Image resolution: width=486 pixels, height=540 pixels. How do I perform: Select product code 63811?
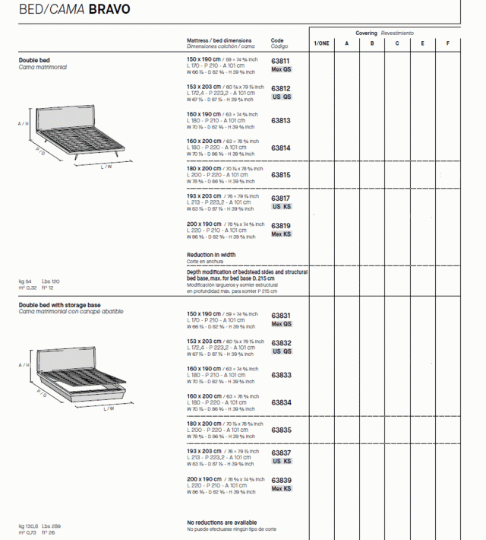click(x=281, y=61)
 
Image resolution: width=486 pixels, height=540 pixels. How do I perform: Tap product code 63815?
click(x=281, y=175)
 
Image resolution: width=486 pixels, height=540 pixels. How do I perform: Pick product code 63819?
click(x=281, y=226)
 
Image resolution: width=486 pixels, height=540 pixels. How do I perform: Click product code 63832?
click(x=281, y=343)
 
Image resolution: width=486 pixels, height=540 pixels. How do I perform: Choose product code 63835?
click(x=281, y=430)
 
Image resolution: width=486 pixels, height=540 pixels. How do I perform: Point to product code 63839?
click(x=281, y=481)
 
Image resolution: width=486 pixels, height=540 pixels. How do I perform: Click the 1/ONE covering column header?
click(x=321, y=44)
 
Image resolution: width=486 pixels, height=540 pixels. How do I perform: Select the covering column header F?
click(x=447, y=44)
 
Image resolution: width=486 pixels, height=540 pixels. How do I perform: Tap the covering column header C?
click(x=397, y=44)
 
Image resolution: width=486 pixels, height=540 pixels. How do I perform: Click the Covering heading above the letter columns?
click(x=366, y=33)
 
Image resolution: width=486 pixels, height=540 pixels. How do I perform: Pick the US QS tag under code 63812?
click(x=282, y=97)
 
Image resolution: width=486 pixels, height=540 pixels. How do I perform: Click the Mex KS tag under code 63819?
click(x=282, y=234)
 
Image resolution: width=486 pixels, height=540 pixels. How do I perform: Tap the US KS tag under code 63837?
click(x=282, y=462)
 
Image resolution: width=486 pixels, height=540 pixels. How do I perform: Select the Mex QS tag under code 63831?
click(x=282, y=324)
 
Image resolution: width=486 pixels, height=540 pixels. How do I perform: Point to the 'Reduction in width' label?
click(x=211, y=255)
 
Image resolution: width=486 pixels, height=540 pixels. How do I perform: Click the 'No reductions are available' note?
click(x=222, y=523)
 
